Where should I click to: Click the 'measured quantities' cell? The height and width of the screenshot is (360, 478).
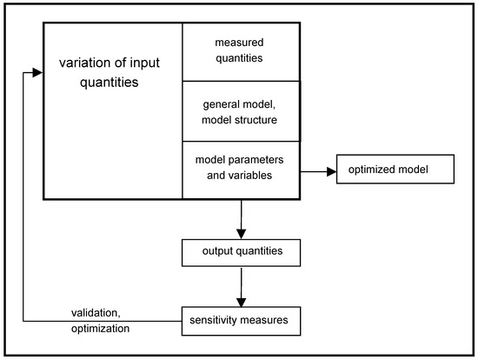pos(240,50)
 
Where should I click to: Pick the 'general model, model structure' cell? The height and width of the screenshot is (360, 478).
pos(240,110)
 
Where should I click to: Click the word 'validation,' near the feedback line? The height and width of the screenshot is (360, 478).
pos(94,315)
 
